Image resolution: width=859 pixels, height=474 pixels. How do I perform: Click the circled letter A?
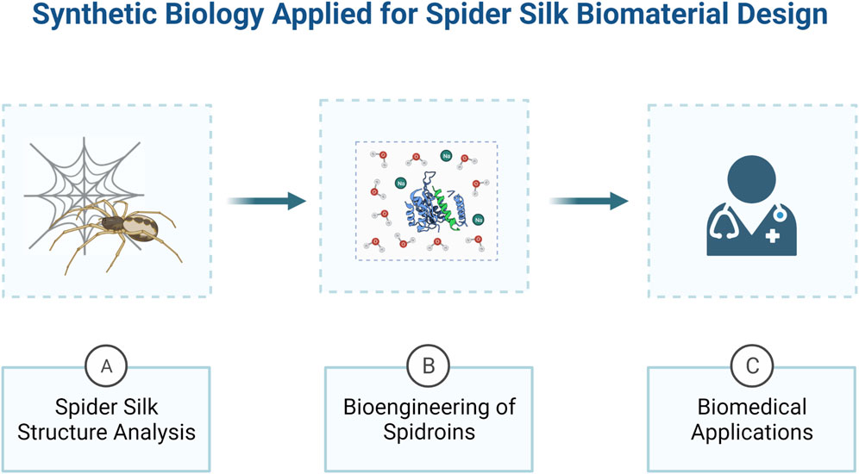coord(107,366)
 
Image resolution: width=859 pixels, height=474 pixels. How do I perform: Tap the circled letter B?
coord(429,366)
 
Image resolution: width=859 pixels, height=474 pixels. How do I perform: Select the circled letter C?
coord(751,366)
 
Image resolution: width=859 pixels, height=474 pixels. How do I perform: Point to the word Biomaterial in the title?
coord(641,16)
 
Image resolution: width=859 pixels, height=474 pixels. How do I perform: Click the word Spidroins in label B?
coord(429,432)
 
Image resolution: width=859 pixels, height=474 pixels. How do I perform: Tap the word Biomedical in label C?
coord(751,407)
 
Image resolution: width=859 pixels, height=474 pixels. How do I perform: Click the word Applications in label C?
coord(751,432)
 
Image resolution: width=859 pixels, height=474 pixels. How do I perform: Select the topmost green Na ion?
coord(446,156)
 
